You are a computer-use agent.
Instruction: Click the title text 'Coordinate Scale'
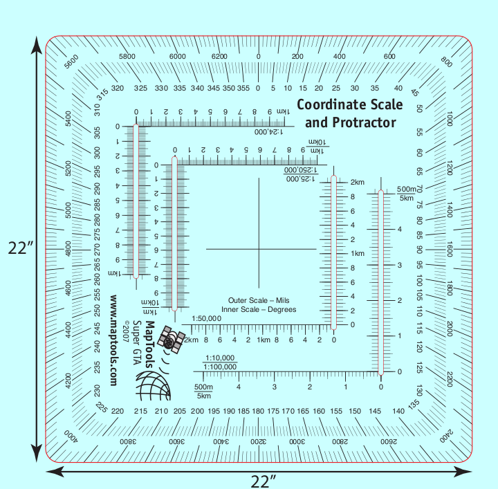click(x=349, y=104)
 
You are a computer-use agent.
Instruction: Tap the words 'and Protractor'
click(x=351, y=122)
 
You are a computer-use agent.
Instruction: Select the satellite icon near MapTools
click(x=170, y=339)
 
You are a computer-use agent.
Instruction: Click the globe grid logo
click(x=152, y=386)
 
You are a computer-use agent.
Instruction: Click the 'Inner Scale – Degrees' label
click(x=262, y=309)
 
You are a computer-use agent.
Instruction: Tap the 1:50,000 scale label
click(x=205, y=318)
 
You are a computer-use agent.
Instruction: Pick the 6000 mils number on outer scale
click(x=178, y=56)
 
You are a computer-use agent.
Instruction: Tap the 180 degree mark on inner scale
click(x=258, y=412)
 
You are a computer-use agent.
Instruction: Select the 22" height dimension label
click(x=21, y=248)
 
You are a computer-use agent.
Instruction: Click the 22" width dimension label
click(x=263, y=479)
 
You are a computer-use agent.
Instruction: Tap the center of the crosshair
click(x=259, y=249)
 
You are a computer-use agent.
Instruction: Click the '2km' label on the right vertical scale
click(x=357, y=183)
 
